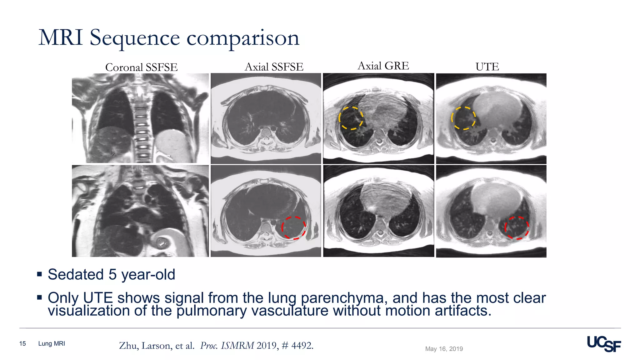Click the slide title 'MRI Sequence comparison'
pyautogui.click(x=169, y=38)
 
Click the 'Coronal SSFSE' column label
pyautogui.click(x=141, y=67)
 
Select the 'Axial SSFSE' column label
pyautogui.click(x=274, y=67)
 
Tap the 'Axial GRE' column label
pyautogui.click(x=383, y=66)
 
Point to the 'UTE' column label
pyautogui.click(x=487, y=67)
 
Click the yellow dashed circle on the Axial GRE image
pyautogui.click(x=351, y=118)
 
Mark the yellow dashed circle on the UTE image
pyautogui.click(x=463, y=118)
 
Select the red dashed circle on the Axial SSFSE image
pyautogui.click(x=294, y=228)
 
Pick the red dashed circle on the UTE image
pyautogui.click(x=517, y=228)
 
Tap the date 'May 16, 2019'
pyautogui.click(x=444, y=349)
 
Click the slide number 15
pyautogui.click(x=22, y=344)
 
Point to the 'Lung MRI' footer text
pyautogui.click(x=52, y=344)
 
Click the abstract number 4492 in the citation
pyautogui.click(x=302, y=346)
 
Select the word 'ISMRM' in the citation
pyautogui.click(x=237, y=346)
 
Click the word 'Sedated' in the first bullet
pyautogui.click(x=76, y=275)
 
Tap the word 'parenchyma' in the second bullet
pyautogui.click(x=342, y=298)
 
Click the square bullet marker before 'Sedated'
pyautogui.click(x=39, y=274)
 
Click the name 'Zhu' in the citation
pyautogui.click(x=128, y=346)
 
